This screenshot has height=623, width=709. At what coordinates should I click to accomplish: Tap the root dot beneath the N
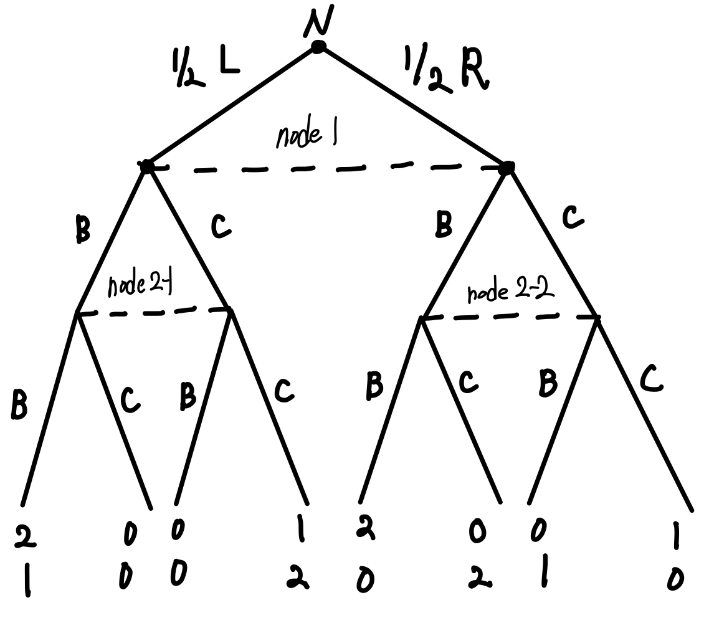pyautogui.click(x=318, y=47)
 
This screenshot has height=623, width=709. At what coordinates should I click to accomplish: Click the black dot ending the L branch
pyautogui.click(x=146, y=166)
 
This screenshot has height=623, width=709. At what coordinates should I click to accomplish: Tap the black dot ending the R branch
pyautogui.click(x=507, y=167)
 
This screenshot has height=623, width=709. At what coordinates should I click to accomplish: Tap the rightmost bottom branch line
pyautogui.click(x=645, y=411)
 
